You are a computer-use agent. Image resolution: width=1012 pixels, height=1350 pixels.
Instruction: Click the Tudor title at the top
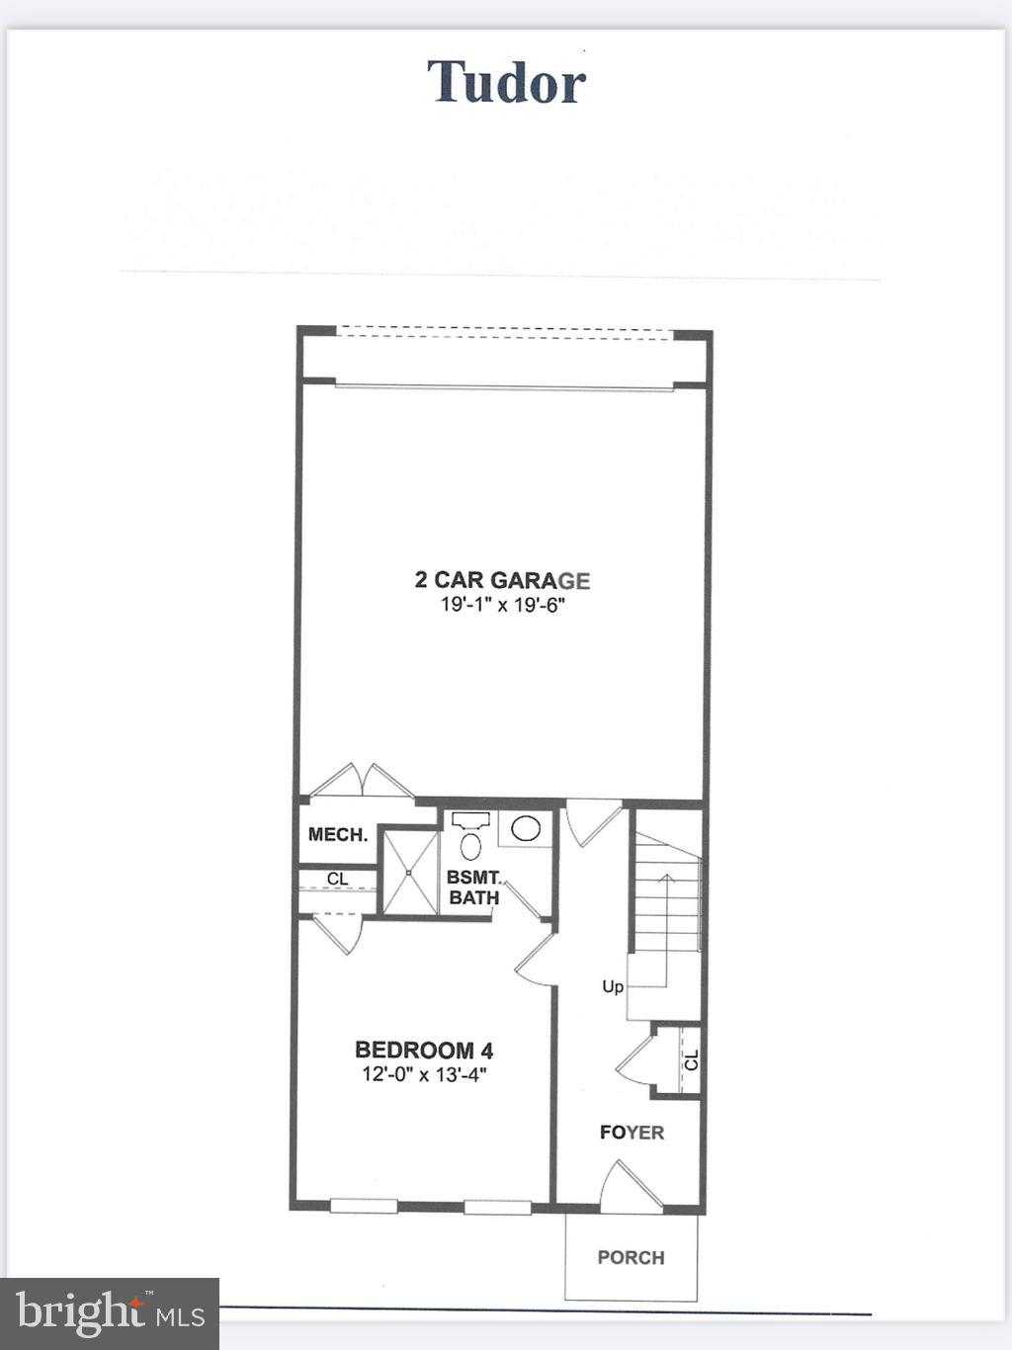506,82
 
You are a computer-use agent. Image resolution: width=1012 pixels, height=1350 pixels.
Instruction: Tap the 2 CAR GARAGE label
502,580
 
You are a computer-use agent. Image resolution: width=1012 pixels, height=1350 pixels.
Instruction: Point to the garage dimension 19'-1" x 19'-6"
502,604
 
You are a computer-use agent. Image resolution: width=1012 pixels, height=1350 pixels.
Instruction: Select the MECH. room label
337,835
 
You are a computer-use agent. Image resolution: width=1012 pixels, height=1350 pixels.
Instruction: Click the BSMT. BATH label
474,887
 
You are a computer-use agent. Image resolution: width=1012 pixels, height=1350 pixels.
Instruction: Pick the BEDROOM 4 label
424,1050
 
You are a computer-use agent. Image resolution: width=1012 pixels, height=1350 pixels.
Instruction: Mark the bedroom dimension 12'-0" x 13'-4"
424,1074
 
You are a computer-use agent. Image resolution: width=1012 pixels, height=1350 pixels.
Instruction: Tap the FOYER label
632,1133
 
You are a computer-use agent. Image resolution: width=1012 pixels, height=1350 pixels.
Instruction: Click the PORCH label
631,1257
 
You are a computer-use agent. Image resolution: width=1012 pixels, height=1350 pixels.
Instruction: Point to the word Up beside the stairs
613,986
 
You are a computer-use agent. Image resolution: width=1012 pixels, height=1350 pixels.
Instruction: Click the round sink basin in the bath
525,828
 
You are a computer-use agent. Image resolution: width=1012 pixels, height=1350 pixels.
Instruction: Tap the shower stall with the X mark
409,873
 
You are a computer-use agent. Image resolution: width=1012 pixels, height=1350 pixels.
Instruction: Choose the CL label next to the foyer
691,1060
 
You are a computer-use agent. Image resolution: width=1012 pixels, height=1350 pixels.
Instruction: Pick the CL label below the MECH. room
337,879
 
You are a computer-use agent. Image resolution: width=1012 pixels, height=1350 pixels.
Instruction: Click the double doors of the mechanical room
362,781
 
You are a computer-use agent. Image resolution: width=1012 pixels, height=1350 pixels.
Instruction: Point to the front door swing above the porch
627,1186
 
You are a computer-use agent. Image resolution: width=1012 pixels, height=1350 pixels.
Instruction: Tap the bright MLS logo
110,1313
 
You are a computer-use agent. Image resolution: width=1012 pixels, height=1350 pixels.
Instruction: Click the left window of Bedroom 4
364,1206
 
